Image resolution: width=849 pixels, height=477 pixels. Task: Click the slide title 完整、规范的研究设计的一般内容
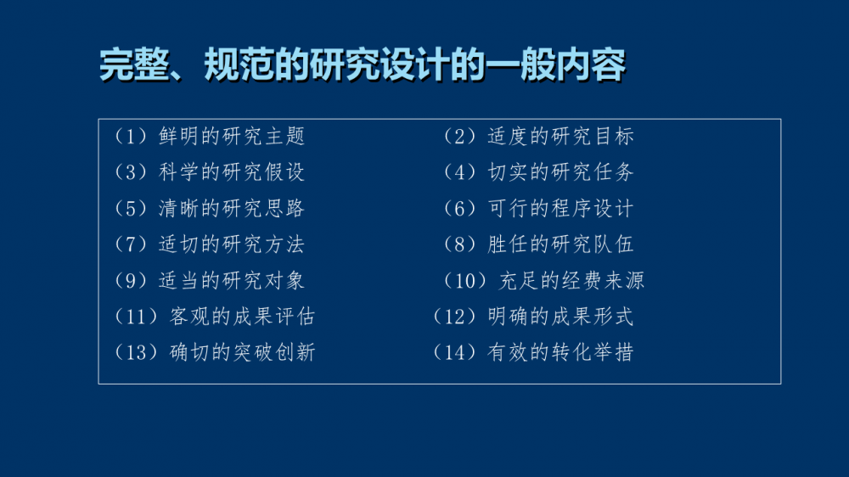pyautogui.click(x=363, y=65)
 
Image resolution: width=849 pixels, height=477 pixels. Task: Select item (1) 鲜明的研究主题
pyautogui.click(x=209, y=136)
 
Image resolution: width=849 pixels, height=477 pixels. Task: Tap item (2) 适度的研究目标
pyautogui.click(x=538, y=136)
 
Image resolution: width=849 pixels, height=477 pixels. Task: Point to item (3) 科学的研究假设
pyautogui.click(x=209, y=172)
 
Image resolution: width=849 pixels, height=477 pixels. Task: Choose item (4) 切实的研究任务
pyautogui.click(x=538, y=172)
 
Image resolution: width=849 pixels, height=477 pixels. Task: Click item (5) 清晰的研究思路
pyautogui.click(x=209, y=209)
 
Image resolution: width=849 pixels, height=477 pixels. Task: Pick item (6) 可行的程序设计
pyautogui.click(x=538, y=209)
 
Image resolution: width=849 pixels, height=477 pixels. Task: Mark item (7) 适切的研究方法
pyautogui.click(x=209, y=244)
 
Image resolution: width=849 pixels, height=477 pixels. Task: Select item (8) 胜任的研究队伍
pyautogui.click(x=538, y=244)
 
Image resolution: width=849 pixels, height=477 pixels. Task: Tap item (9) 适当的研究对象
pyautogui.click(x=209, y=280)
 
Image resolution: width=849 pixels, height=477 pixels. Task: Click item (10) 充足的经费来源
pyautogui.click(x=543, y=280)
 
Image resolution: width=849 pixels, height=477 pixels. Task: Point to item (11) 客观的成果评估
pyautogui.click(x=215, y=317)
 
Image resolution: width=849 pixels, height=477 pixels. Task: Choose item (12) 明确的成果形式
pyautogui.click(x=533, y=317)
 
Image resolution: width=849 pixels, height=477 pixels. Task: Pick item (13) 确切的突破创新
pyautogui.click(x=215, y=352)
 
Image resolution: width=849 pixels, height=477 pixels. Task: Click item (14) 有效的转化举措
pyautogui.click(x=533, y=352)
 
